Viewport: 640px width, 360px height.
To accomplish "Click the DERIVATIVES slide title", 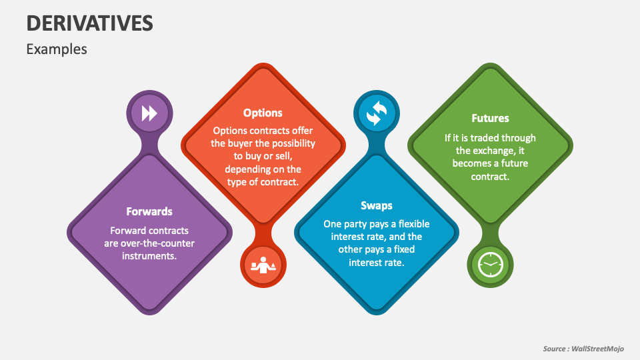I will pos(89,23).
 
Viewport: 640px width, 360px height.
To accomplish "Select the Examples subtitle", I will pos(57,49).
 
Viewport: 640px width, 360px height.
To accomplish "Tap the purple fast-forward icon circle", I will pos(149,113).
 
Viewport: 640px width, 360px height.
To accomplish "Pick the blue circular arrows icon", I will pos(377,113).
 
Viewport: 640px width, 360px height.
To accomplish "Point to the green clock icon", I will pos(490,265).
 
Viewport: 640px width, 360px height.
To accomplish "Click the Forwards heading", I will pos(149,211).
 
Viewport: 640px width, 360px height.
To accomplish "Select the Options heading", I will pos(263,113).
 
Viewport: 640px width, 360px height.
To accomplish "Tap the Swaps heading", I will pos(377,205).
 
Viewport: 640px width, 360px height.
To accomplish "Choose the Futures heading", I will pos(490,118).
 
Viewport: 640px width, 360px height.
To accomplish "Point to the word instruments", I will pos(149,256).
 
